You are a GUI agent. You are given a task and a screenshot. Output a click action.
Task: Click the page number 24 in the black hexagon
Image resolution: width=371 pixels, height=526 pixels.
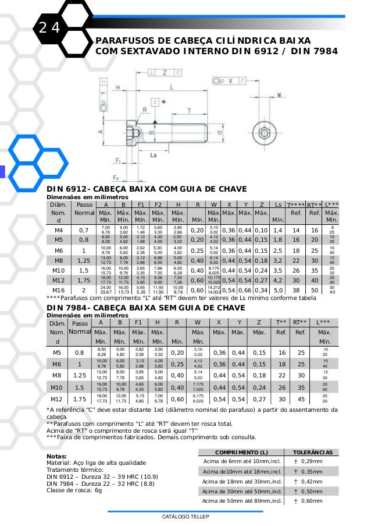(x=50, y=27)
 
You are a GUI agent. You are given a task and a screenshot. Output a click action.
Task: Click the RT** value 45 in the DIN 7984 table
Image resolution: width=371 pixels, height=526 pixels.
(x=301, y=400)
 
